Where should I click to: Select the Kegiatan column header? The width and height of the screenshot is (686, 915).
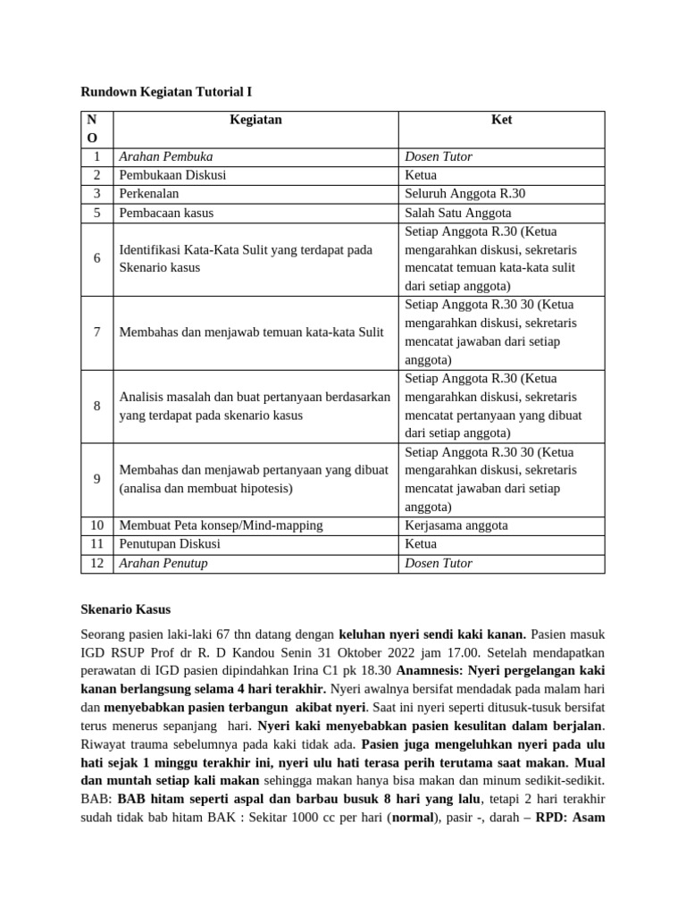tap(255, 120)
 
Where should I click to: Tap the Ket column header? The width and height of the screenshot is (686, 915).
tap(501, 120)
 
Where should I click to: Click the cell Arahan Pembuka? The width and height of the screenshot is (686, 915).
tap(166, 156)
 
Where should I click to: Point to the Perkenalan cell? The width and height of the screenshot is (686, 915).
tap(149, 194)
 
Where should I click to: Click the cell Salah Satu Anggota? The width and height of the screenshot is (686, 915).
tap(458, 213)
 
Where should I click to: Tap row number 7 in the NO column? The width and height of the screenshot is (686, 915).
tap(96, 332)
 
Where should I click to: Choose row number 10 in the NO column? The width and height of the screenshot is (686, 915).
tap(96, 525)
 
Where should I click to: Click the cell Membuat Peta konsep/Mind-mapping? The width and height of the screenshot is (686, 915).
tap(222, 525)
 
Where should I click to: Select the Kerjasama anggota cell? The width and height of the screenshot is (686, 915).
tap(456, 525)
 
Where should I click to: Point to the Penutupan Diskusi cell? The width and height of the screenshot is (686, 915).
tap(170, 543)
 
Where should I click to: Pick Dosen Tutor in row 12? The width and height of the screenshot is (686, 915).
tap(439, 563)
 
